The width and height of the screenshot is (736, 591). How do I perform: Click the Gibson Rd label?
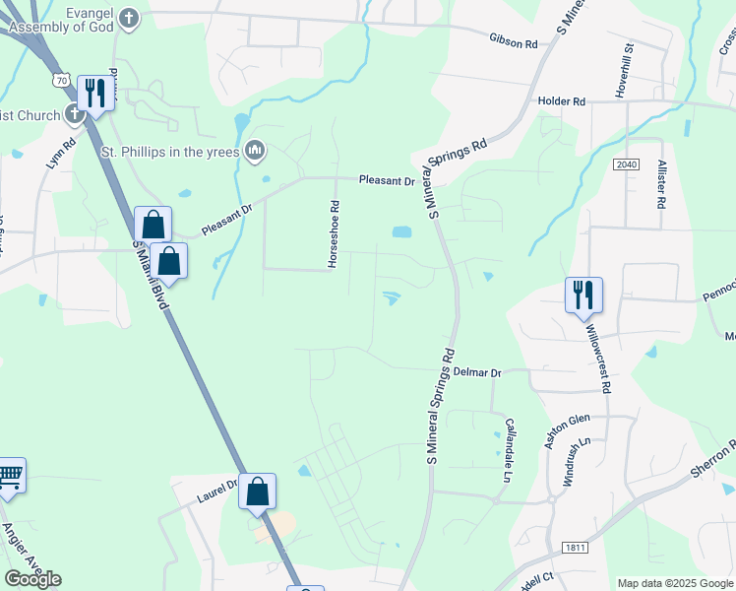[x=513, y=43]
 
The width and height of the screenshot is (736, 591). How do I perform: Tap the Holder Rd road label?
[x=561, y=100]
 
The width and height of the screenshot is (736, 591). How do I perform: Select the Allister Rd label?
[x=662, y=183]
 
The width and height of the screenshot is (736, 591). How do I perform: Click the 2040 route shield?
[x=627, y=163]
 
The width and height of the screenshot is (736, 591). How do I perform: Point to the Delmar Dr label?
[x=478, y=373]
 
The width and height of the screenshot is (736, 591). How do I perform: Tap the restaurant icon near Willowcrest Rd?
[x=583, y=294]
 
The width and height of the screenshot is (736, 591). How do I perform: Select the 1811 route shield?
[x=577, y=547]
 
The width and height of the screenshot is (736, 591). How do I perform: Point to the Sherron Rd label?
[x=712, y=459]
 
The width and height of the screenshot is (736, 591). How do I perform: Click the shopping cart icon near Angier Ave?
[x=10, y=476]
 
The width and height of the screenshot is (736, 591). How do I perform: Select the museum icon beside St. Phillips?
[x=255, y=150]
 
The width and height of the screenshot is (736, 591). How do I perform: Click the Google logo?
[x=32, y=579]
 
